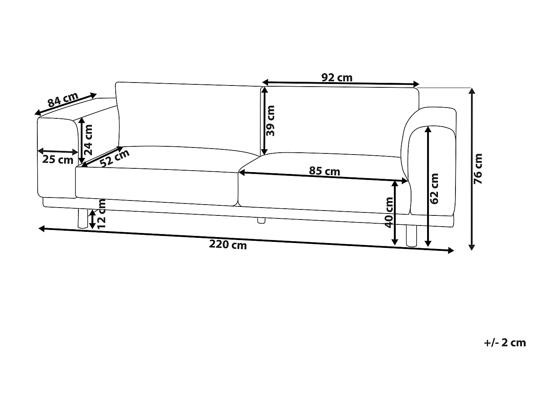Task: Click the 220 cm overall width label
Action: tap(228, 245)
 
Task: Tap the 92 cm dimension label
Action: tap(337, 77)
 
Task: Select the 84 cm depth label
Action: tap(63, 99)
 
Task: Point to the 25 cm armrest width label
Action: tap(57, 160)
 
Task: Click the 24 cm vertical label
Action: tap(88, 140)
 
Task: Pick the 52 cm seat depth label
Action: tap(115, 158)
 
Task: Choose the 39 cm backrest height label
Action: tap(270, 121)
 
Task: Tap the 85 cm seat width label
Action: tap(324, 171)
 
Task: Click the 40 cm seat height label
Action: tap(389, 212)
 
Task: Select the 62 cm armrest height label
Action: tap(434, 189)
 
